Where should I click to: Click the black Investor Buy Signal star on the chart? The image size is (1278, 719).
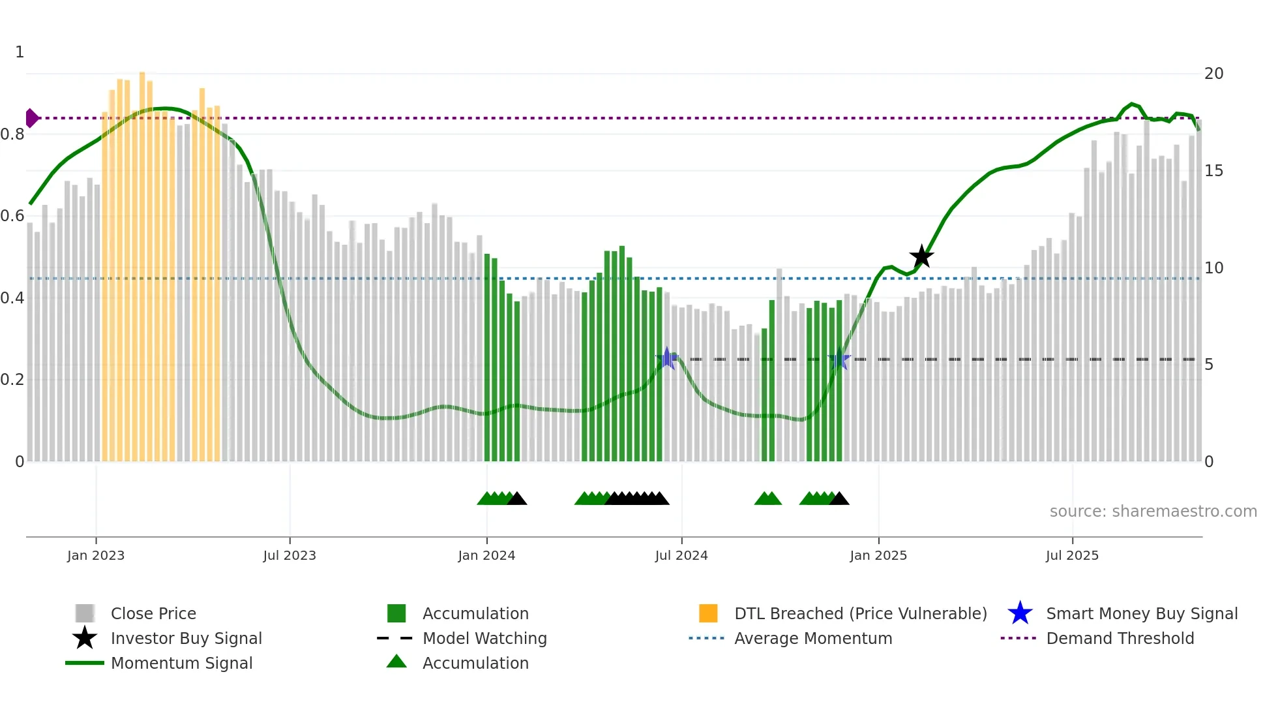pyautogui.click(x=921, y=257)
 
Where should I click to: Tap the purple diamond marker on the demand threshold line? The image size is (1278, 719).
pyautogui.click(x=31, y=118)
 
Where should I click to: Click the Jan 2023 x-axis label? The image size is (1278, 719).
pyautogui.click(x=96, y=555)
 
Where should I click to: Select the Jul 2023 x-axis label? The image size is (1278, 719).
pyautogui.click(x=290, y=555)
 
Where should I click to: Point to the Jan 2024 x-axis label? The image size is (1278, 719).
pyautogui.click(x=486, y=555)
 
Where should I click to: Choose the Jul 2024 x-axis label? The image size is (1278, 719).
pyautogui.click(x=681, y=555)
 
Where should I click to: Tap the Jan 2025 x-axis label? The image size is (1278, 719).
pyautogui.click(x=878, y=555)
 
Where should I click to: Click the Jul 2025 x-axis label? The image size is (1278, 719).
pyautogui.click(x=1072, y=555)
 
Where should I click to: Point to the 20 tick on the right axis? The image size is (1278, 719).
pyautogui.click(x=1213, y=74)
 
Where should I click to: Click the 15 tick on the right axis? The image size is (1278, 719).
pyautogui.click(x=1213, y=171)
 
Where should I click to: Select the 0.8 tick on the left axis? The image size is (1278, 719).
pyautogui.click(x=12, y=134)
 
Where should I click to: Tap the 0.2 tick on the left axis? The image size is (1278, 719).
pyautogui.click(x=12, y=380)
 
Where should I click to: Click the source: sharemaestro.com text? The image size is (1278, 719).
pyautogui.click(x=1153, y=512)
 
